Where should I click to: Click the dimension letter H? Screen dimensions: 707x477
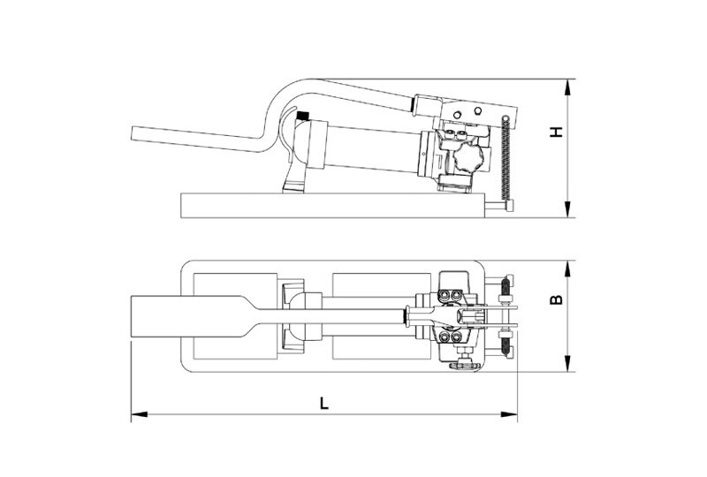(559, 132)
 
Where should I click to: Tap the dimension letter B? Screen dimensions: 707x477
(558, 299)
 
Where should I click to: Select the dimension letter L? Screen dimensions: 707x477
(323, 403)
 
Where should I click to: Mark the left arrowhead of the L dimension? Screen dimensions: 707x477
(140, 414)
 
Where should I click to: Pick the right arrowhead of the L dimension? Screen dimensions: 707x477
(509, 414)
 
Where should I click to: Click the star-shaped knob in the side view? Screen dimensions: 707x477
(468, 158)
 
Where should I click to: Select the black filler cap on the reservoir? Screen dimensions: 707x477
(301, 115)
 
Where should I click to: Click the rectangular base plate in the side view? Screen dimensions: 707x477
(333, 206)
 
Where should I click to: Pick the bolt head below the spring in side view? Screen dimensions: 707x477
(510, 207)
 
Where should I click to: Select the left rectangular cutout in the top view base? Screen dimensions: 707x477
(235, 316)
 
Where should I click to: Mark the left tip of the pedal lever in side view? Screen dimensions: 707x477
(132, 134)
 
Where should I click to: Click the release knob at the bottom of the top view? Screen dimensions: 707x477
(464, 364)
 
